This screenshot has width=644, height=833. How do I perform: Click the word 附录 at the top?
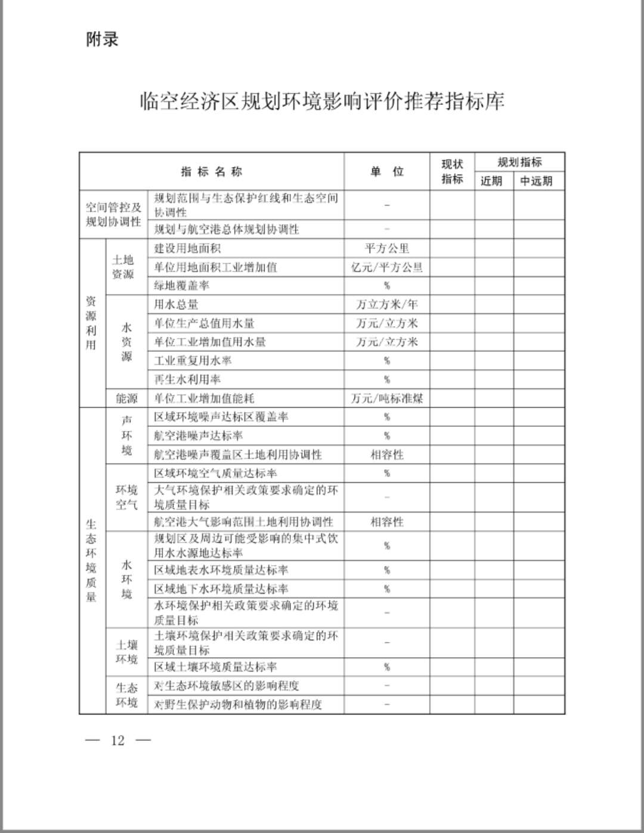point(102,39)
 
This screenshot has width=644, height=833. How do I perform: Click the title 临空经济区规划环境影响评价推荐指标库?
point(322,101)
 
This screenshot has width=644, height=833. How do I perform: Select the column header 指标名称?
point(212,172)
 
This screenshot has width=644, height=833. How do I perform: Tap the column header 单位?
point(387,172)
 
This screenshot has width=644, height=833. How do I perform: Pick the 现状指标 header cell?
point(452,172)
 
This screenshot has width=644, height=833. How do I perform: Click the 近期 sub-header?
point(491,181)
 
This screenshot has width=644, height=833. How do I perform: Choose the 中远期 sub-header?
point(536,181)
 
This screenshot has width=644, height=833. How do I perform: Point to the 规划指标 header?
point(519,162)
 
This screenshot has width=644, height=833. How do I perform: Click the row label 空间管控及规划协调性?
point(113,215)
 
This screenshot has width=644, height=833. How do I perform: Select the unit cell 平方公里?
point(387,248)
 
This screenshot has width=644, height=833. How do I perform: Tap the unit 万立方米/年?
point(387,305)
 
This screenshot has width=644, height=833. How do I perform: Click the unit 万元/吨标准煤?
point(387,398)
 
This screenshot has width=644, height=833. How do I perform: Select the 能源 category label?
point(126,398)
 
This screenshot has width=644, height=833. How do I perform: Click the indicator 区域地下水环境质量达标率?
point(221,589)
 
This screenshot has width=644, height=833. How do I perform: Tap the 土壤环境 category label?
point(126,652)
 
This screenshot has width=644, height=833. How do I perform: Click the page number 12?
point(117,741)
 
